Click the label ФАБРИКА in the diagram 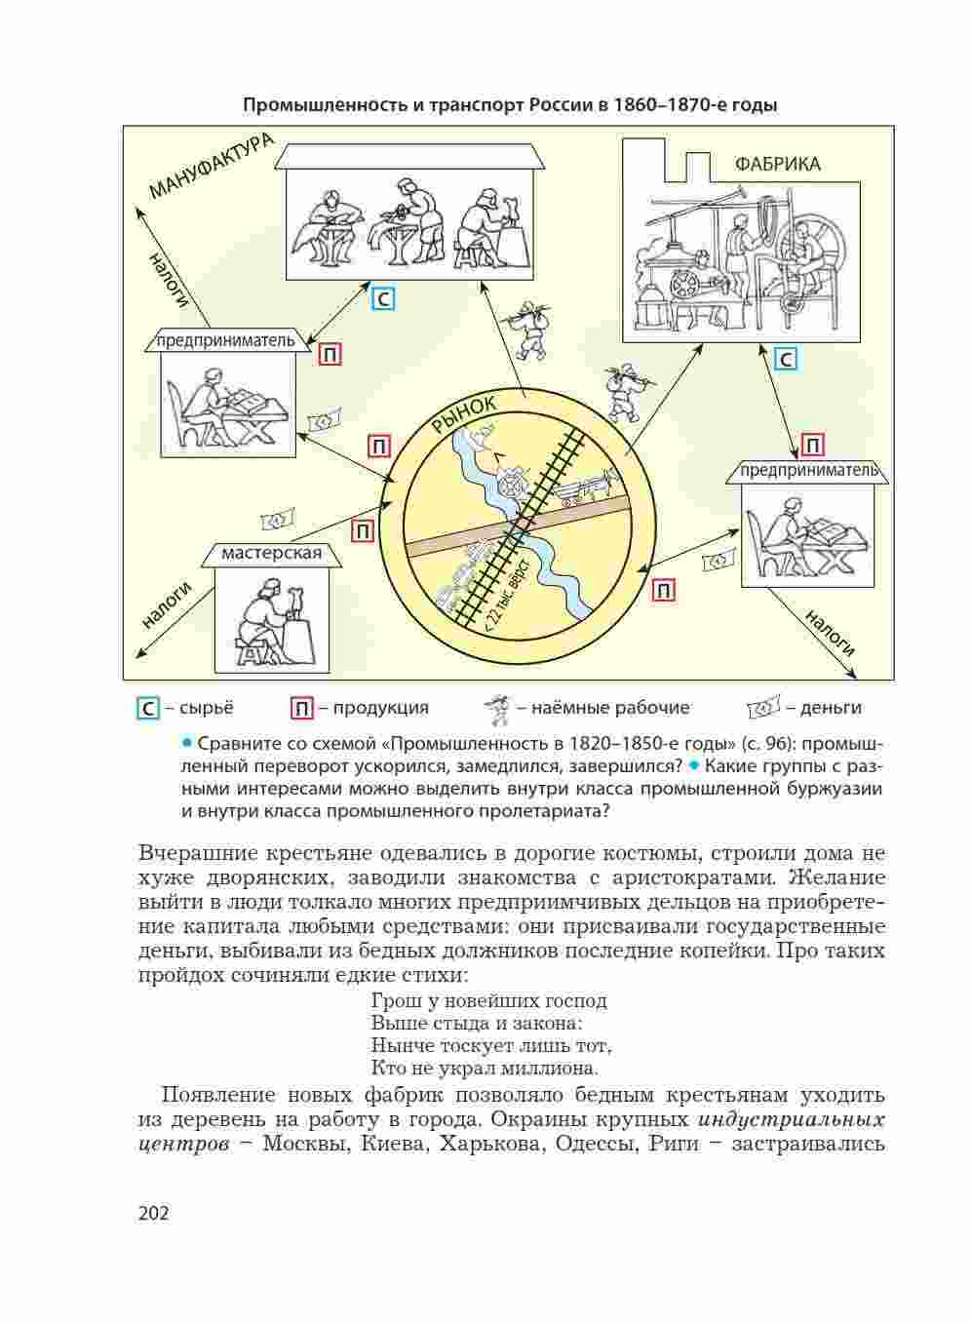pos(777,164)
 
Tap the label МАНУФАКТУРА pos(209,166)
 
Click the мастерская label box pos(271,554)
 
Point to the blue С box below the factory pos(785,360)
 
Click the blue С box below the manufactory pos(384,298)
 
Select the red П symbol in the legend pos(302,709)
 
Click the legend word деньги pos(831,708)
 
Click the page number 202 pos(154,1213)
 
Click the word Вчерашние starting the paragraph pos(199,853)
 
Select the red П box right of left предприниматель pos(330,355)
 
